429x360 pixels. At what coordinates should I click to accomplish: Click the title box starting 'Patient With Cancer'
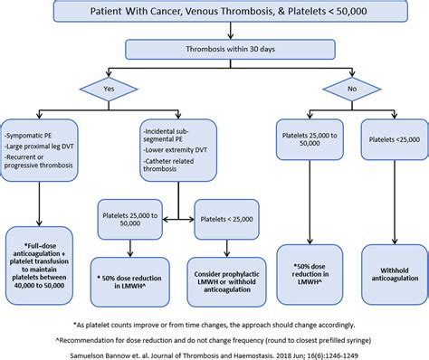214,14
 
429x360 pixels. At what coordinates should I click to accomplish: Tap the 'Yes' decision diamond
107,90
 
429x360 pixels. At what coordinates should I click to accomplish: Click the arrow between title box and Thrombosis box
214,33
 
